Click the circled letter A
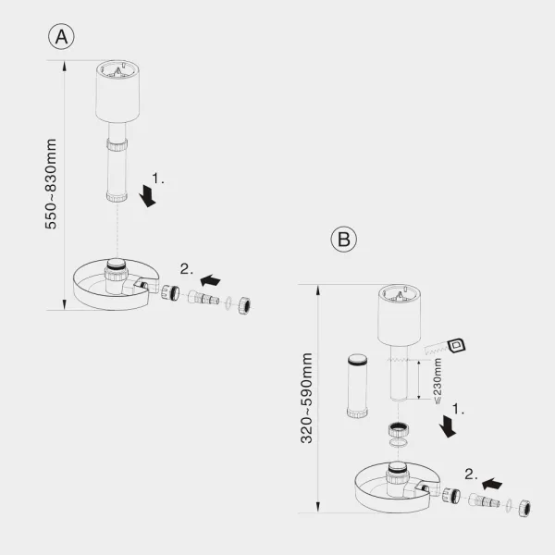coord(61,36)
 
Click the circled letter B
coord(344,239)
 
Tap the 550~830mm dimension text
coord(51,184)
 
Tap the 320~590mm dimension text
coord(306,398)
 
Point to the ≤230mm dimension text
coord(438,381)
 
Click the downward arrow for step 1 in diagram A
coord(147,196)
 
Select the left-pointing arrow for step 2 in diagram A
coord(210,280)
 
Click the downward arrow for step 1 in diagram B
coord(448,426)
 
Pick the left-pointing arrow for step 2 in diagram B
coord(492,484)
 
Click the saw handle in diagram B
coord(457,345)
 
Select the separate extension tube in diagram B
coord(357,386)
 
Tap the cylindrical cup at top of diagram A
coord(117,92)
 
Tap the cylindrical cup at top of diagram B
coord(399,315)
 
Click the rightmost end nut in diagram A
coord(244,305)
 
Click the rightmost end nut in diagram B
coord(524,508)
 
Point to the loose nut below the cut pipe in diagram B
coord(399,429)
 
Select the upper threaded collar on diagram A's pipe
coord(117,145)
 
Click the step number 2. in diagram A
coord(187,269)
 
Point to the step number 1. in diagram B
coord(459,409)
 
